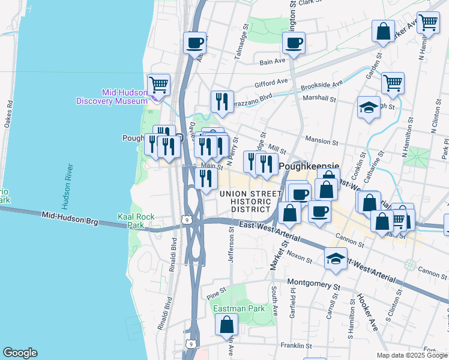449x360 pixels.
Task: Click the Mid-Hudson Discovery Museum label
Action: (x=112, y=97)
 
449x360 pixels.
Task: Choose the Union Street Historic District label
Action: (x=250, y=201)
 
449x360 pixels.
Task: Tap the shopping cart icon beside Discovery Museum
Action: (x=158, y=84)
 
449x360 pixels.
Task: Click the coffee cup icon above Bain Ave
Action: (x=294, y=43)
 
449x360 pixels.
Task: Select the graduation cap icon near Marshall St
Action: (x=369, y=107)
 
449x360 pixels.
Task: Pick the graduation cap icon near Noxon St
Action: (x=336, y=258)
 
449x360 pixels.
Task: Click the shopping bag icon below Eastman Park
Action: (x=227, y=325)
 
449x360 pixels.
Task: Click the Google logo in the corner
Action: (x=20, y=353)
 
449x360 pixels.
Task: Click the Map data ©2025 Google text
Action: (x=412, y=355)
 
